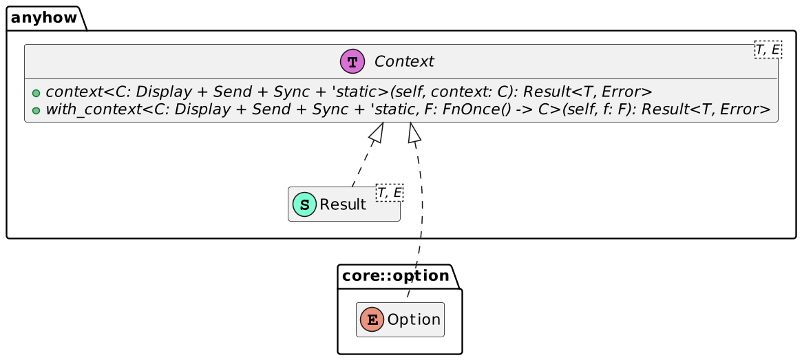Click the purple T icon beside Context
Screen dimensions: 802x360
click(352, 62)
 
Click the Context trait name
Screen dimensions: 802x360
click(404, 62)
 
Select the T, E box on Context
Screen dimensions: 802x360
click(768, 50)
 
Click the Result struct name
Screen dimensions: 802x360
click(343, 205)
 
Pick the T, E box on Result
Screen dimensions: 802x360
click(390, 192)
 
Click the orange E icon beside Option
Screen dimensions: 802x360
click(372, 320)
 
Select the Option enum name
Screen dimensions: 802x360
click(414, 320)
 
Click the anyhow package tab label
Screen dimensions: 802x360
click(43, 18)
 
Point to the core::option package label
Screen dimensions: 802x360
click(395, 276)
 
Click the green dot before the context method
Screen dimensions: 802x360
click(36, 94)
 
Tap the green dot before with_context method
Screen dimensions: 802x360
click(36, 110)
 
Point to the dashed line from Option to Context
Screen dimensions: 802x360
click(421, 220)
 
